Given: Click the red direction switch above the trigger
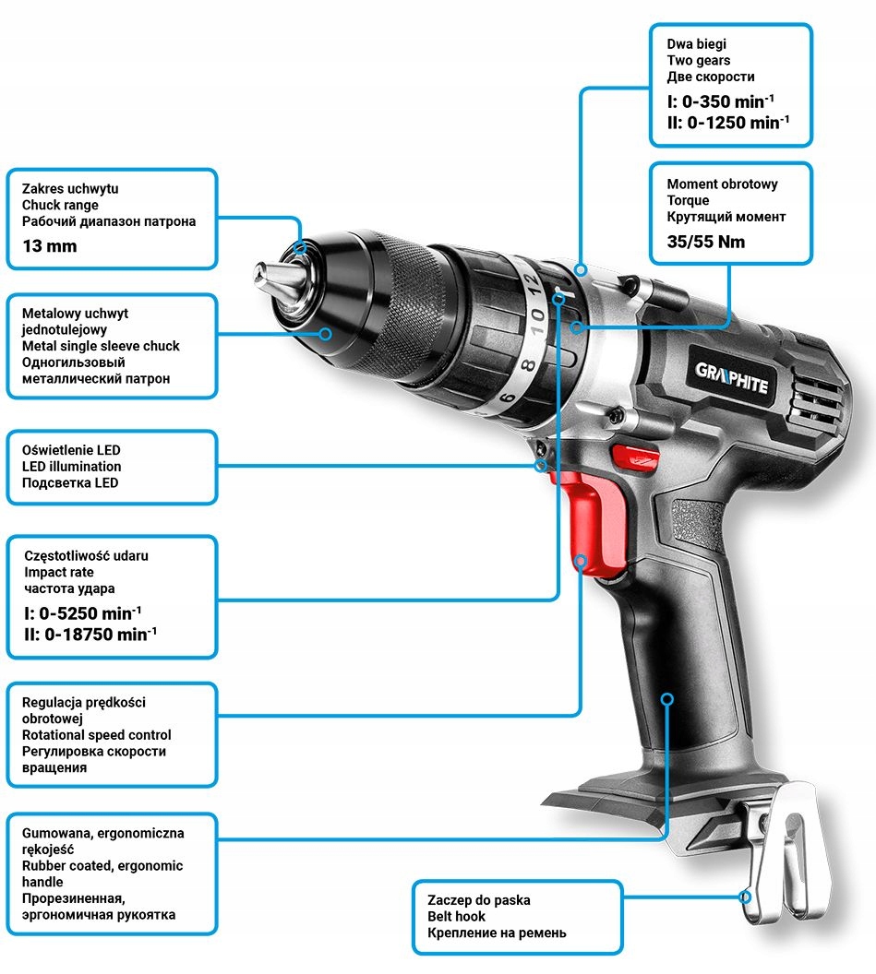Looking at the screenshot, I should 628,456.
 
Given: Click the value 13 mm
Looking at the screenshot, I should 50,246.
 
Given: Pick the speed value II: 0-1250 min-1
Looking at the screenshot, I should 727,122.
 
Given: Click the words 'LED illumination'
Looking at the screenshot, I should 71,467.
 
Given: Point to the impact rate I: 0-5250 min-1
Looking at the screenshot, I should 83,612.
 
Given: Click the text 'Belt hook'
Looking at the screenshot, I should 456,916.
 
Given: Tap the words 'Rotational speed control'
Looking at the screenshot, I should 97,735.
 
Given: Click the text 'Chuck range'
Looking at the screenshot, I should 59,205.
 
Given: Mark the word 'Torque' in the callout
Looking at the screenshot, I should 688,200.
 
